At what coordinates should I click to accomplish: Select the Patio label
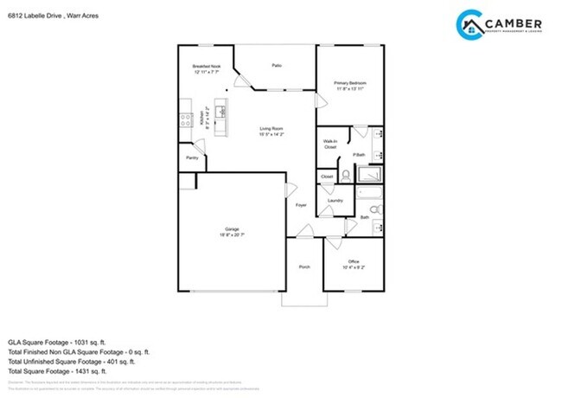(277, 65)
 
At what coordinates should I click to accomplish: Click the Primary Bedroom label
(350, 83)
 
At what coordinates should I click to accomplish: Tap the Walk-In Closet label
(330, 144)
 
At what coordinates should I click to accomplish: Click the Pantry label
(192, 157)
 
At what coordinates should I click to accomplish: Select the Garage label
(231, 228)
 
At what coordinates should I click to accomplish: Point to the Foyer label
(301, 205)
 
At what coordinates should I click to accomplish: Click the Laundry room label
(335, 201)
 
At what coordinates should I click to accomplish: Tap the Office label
(353, 261)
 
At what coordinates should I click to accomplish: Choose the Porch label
(304, 267)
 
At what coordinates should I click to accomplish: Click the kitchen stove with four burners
(184, 108)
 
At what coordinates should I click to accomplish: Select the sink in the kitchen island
(221, 111)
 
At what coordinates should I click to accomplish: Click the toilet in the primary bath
(345, 174)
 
